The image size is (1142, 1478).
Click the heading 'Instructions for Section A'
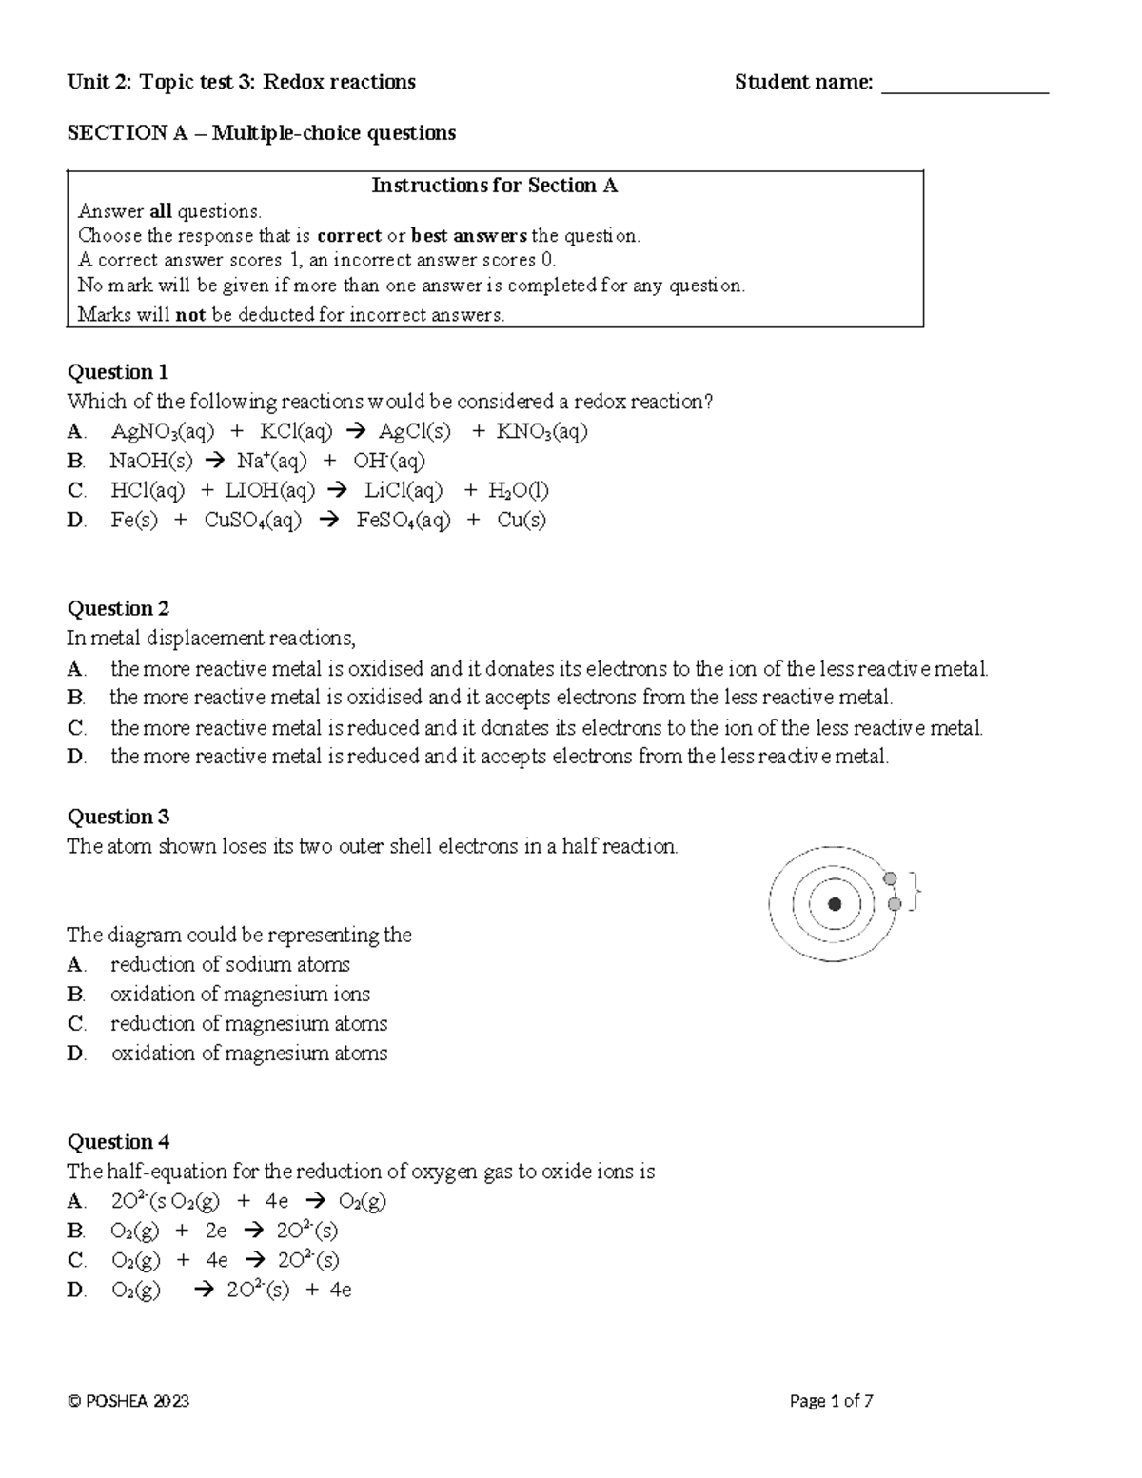494,186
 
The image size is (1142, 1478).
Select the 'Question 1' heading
117,372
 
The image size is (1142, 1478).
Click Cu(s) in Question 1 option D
522,521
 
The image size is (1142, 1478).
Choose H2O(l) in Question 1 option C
518,491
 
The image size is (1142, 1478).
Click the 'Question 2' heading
117,609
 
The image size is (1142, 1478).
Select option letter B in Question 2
76,698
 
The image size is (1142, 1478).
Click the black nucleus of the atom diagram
835,904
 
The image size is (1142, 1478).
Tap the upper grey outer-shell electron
890,879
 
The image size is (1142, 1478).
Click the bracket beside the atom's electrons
916,891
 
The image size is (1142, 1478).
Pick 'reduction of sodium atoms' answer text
230,965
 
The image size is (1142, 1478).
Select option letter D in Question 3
76,1054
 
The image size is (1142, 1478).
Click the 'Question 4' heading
117,1142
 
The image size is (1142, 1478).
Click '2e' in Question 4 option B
216,1231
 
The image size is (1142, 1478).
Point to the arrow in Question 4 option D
204,1291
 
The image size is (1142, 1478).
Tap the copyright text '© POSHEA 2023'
128,1401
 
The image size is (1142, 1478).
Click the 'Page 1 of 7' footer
831,1401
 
